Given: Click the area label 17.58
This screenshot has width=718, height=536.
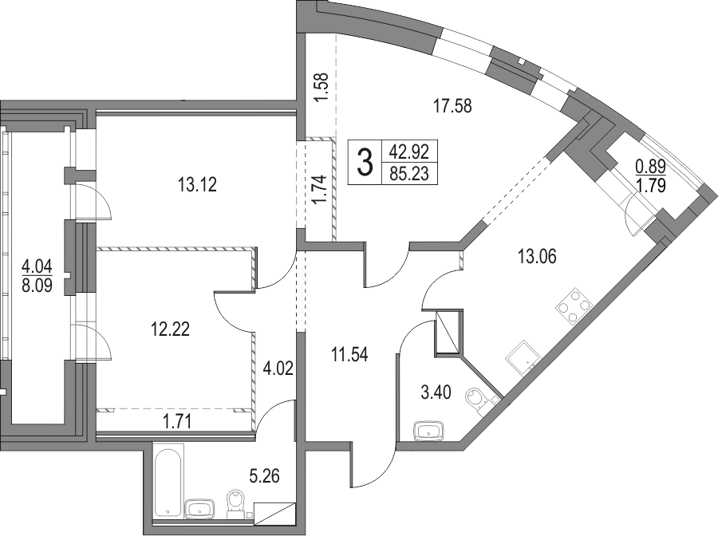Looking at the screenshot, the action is click(452, 106).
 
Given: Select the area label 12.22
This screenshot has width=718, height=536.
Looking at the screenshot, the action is click(171, 329).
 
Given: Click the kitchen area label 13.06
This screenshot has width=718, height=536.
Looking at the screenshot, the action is click(537, 256).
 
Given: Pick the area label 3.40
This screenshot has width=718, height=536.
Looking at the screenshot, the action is click(436, 392).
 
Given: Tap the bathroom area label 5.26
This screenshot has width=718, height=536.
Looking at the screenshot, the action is click(264, 476).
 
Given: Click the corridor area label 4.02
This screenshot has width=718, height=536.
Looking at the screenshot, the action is click(278, 368).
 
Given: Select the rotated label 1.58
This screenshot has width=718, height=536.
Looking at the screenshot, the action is click(322, 88).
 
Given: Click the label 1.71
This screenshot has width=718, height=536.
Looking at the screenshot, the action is click(177, 420).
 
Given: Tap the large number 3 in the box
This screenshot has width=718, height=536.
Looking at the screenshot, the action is click(365, 163).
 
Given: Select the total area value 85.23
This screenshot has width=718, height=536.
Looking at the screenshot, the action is click(409, 174).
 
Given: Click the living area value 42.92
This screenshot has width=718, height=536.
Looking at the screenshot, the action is click(409, 150).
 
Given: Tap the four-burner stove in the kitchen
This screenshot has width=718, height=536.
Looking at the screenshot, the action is click(574, 305).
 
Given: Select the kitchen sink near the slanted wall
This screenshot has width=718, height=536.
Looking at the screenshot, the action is click(524, 358).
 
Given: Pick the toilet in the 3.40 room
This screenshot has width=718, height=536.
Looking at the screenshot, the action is click(478, 400).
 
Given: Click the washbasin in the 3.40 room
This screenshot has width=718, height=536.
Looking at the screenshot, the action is click(428, 432).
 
